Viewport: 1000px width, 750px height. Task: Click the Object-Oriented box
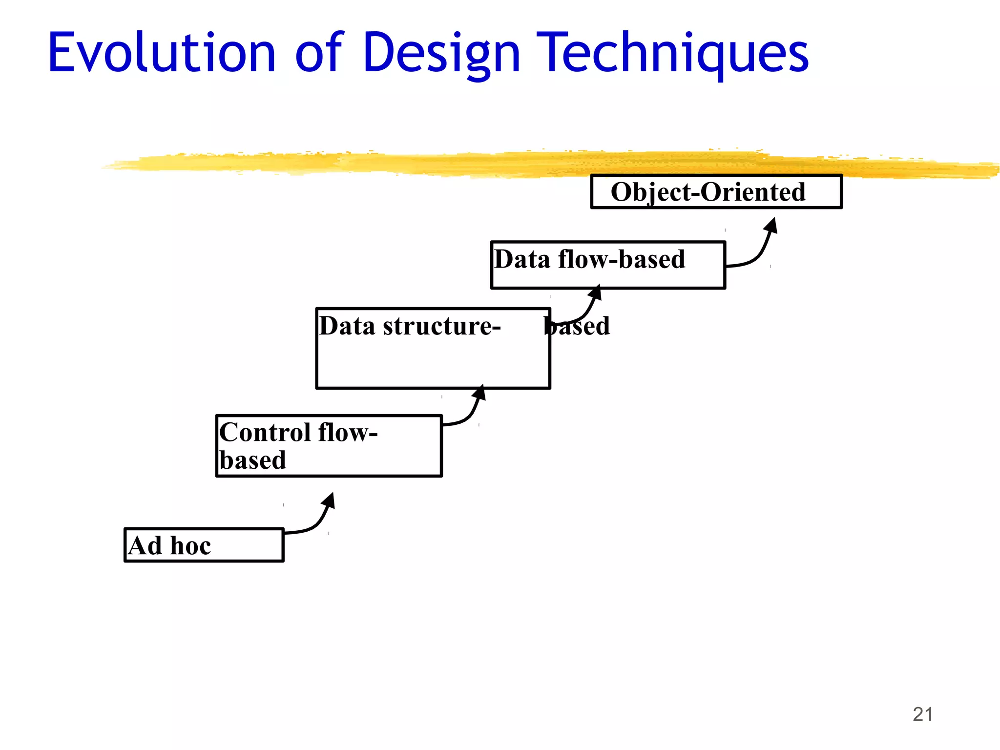tap(716, 192)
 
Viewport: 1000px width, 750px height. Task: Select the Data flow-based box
tap(608, 265)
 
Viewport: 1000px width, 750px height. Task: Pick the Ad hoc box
tap(204, 545)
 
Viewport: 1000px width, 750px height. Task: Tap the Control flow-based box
tap(329, 446)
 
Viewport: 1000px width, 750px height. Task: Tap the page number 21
tap(922, 714)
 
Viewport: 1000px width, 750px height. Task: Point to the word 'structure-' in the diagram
tap(442, 326)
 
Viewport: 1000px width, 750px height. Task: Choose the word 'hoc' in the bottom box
tap(190, 546)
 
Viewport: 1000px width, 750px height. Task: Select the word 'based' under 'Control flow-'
tap(252, 460)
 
